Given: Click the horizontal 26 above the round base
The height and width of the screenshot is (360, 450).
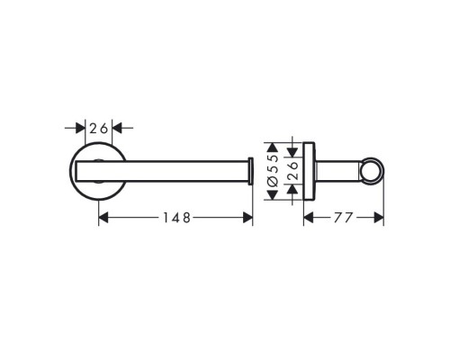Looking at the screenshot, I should [x=99, y=129].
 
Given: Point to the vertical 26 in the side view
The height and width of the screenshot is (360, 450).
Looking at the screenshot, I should [x=292, y=168].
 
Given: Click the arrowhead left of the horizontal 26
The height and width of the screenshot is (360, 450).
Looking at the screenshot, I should [x=84, y=129].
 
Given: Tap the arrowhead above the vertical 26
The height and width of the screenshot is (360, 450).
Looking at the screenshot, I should [x=292, y=152].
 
